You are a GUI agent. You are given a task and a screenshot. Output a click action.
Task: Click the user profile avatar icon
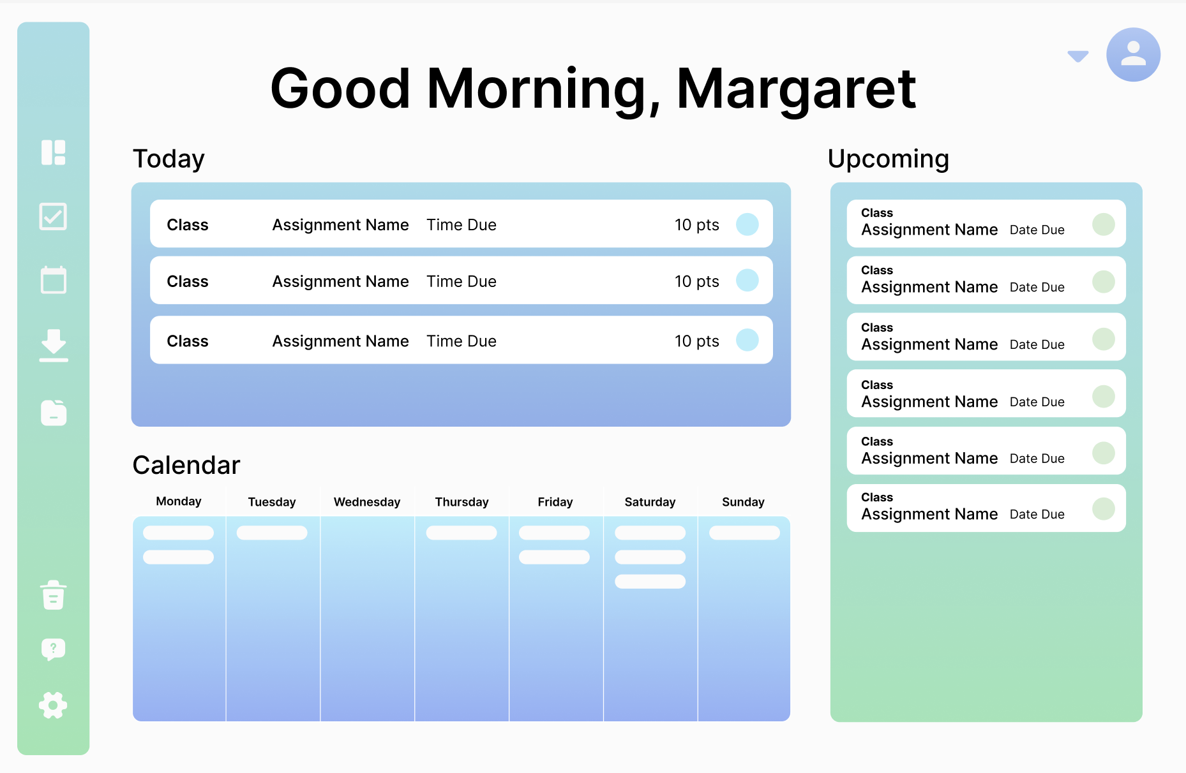(x=1133, y=55)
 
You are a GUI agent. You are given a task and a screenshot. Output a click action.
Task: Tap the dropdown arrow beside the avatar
(x=1078, y=56)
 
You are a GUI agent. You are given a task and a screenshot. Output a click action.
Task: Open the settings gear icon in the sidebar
(x=53, y=705)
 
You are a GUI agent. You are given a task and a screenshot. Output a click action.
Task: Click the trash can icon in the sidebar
(x=54, y=595)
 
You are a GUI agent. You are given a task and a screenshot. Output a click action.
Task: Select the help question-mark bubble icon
(x=54, y=650)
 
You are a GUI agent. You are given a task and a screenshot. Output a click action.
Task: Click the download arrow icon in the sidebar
(x=54, y=346)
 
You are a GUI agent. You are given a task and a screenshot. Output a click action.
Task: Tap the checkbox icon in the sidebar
(x=53, y=217)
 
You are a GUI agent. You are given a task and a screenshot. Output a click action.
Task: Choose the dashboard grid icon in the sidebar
(x=54, y=152)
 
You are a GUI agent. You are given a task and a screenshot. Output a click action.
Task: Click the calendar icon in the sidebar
(x=54, y=280)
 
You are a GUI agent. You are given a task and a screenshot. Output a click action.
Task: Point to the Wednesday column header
(x=367, y=502)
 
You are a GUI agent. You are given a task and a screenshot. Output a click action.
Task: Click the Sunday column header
(x=743, y=502)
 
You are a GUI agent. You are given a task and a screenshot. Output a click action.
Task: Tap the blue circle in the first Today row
(x=747, y=225)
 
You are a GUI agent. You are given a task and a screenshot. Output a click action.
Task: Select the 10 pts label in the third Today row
(x=697, y=341)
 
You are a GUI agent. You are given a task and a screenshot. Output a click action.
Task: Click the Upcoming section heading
(x=889, y=159)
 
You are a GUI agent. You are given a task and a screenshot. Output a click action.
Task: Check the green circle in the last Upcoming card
(x=1104, y=509)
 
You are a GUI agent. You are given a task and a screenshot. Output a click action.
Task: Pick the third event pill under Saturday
(x=650, y=582)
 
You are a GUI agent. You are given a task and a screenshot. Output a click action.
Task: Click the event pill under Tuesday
(x=272, y=533)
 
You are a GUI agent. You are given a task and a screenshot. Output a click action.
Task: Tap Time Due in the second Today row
(x=462, y=281)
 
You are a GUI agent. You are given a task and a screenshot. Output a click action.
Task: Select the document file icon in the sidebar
(x=54, y=413)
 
